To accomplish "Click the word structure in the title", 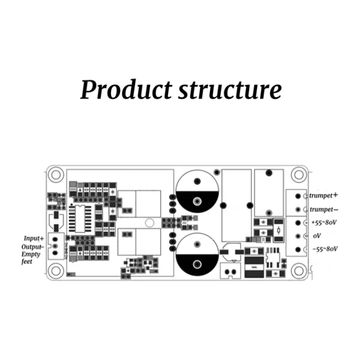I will pyautogui.click(x=230, y=90).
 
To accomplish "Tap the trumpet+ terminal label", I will pyautogui.click(x=324, y=196).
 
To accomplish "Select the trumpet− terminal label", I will pyautogui.click(x=324, y=210).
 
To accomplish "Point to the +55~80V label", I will pyautogui.click(x=324, y=223).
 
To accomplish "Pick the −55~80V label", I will pyautogui.click(x=324, y=249).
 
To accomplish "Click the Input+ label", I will pyautogui.click(x=34, y=238).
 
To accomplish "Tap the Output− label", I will pyautogui.click(x=32, y=247).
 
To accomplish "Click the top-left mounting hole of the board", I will pyautogui.click(x=56, y=174).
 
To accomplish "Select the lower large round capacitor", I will pyautogui.click(x=197, y=254).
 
